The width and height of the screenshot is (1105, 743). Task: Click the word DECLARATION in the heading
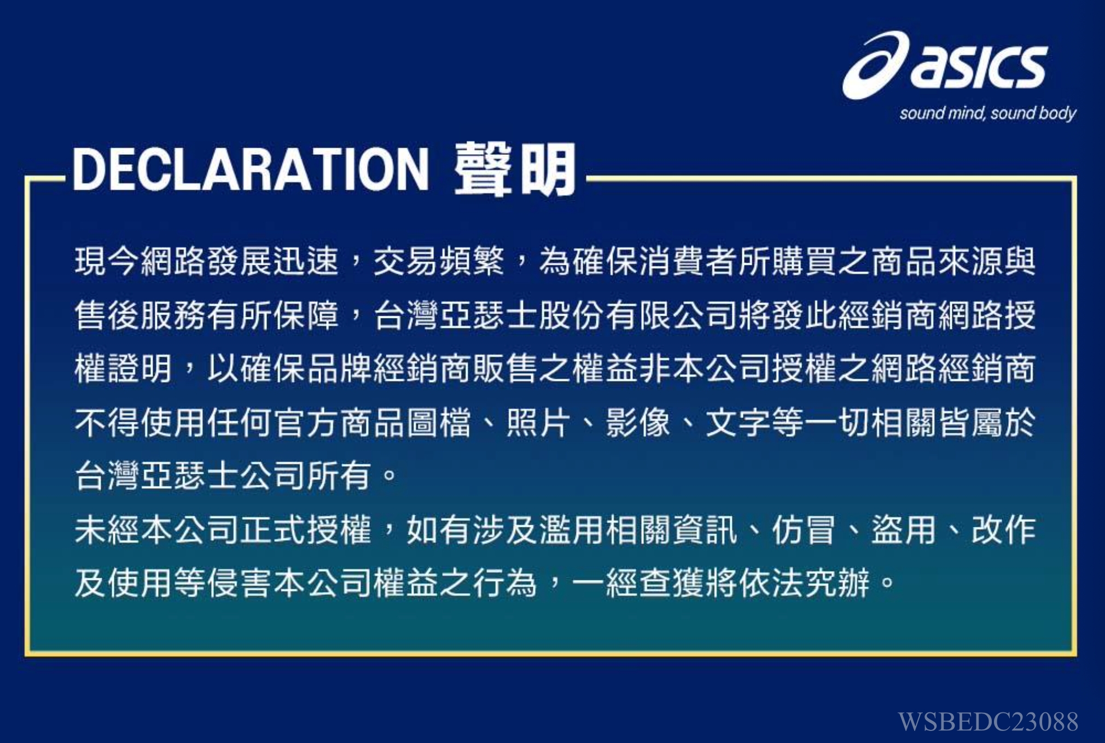point(251,170)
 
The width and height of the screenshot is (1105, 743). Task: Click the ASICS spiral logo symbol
point(875,65)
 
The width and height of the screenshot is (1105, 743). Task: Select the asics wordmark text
point(979,66)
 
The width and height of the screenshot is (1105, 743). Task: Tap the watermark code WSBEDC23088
point(988,721)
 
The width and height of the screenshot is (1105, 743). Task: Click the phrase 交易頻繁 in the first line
point(439,262)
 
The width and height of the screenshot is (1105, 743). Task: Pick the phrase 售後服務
point(141,315)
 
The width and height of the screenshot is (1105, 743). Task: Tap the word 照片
point(538,422)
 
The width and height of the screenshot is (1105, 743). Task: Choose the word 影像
point(638,422)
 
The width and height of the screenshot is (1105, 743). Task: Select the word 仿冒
point(804,530)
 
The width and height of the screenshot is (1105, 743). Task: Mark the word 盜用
point(903,530)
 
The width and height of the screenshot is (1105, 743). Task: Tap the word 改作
point(1003,530)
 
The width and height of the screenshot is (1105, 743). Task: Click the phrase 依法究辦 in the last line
point(804,583)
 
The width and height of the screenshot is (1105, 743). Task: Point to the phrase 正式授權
point(306,530)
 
